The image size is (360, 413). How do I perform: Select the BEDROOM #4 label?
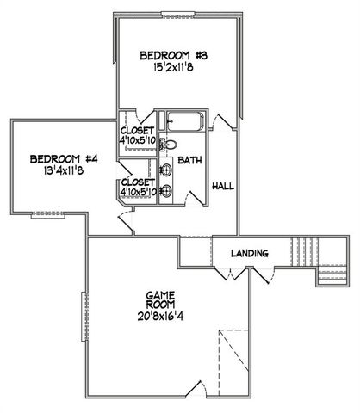point(65,158)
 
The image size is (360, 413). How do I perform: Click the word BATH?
point(189,161)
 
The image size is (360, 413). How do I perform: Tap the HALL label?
point(223,185)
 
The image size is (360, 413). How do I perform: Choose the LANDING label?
point(250,253)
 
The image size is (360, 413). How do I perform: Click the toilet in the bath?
point(170,145)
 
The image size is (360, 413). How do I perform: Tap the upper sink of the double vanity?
point(166,169)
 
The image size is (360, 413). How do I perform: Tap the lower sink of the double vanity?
point(166,190)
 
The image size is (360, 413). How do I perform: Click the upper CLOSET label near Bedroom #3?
point(136,131)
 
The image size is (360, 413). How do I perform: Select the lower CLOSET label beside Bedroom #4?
point(138,182)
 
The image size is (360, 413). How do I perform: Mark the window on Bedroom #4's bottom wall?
point(40,213)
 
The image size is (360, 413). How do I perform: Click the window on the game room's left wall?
point(84,314)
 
